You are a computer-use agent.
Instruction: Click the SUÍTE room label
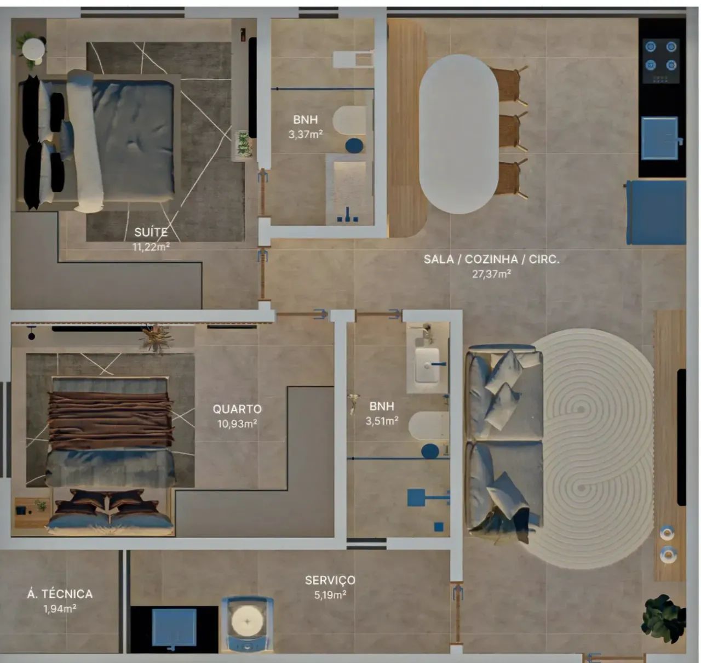pos(151,232)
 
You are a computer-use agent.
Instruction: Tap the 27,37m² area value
pos(491,274)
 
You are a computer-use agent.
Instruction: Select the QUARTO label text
pos(237,409)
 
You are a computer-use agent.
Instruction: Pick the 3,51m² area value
pos(382,421)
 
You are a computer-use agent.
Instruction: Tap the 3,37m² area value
pos(306,135)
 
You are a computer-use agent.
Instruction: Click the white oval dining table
pos(458,134)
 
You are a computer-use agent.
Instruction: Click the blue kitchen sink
pos(659,138)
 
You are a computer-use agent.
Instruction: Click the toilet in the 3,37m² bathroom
pos(350,120)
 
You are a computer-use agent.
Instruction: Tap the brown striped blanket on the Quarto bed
pos(110,421)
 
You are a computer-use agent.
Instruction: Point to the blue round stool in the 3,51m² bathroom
pos(430,451)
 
